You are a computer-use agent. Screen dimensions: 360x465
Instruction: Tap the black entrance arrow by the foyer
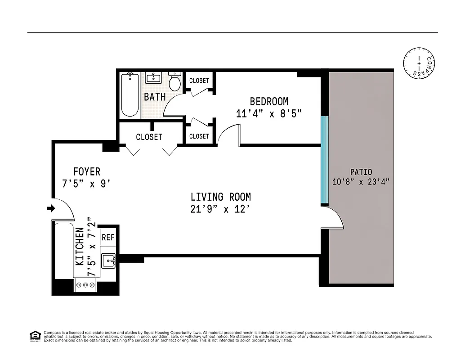tap(51, 208)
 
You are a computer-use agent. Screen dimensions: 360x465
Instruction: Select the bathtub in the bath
tap(130, 95)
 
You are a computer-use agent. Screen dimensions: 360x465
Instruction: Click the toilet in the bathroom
tap(175, 81)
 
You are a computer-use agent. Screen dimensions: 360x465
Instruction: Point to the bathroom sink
tap(153, 77)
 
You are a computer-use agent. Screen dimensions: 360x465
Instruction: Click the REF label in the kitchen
tap(108, 238)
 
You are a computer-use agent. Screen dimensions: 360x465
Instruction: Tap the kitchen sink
tap(108, 261)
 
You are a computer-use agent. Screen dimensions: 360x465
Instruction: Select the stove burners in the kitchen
tap(85, 285)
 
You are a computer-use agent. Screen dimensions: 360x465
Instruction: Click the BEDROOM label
tap(269, 101)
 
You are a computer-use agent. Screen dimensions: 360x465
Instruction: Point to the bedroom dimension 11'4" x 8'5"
tap(268, 113)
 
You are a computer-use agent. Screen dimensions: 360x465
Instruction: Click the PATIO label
tap(361, 172)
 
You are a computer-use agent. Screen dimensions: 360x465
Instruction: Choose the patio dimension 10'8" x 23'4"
tap(361, 182)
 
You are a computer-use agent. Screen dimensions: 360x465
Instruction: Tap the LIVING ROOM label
tap(220, 197)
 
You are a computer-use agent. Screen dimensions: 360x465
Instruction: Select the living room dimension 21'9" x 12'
tap(220, 209)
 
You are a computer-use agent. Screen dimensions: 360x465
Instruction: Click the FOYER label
tap(87, 171)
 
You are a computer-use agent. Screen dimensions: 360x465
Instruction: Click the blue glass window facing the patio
tap(324, 160)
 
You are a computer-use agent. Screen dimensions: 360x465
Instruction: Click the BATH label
tap(155, 97)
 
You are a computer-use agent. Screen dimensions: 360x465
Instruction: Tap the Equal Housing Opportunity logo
tap(34, 336)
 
